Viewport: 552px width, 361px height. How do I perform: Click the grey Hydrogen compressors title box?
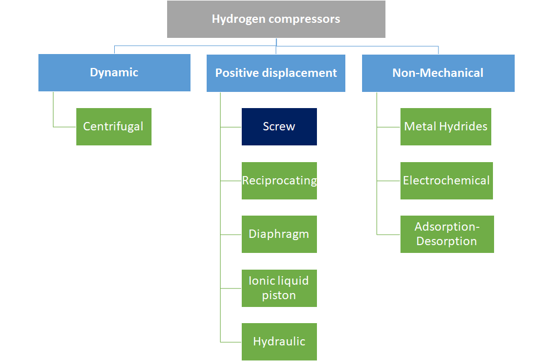[276, 19]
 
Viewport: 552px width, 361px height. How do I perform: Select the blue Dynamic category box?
[114, 72]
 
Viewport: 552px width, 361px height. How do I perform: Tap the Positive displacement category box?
[276, 73]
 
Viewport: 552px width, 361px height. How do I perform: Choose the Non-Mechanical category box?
[438, 73]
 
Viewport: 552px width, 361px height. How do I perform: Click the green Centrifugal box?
[114, 126]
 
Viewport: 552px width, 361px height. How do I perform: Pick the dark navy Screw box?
[279, 126]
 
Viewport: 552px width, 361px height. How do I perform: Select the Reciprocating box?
[279, 180]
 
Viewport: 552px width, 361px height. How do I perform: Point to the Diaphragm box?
[279, 234]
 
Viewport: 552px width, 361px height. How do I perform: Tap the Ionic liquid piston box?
[279, 288]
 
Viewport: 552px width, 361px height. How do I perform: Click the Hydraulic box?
[279, 342]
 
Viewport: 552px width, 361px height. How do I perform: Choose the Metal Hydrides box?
[446, 126]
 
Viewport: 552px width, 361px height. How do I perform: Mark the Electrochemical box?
[446, 180]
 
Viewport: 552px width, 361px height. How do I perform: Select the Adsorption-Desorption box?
[447, 234]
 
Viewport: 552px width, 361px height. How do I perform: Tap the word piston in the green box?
[279, 295]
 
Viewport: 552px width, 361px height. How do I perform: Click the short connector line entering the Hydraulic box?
[231, 342]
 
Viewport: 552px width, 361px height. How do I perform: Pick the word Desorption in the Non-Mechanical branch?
[447, 241]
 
